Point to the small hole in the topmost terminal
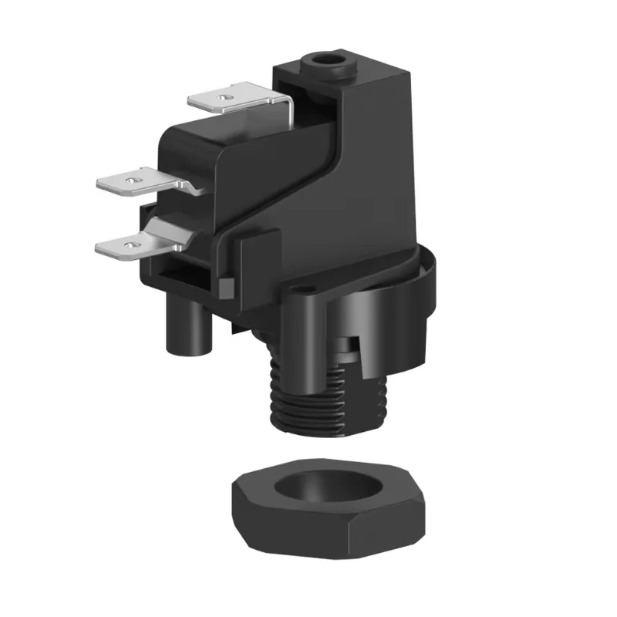coord(223,98)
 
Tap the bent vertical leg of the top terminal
coord(288,116)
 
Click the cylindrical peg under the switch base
coord(183,328)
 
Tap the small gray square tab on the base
coord(228,288)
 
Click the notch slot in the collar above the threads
coord(351,343)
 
